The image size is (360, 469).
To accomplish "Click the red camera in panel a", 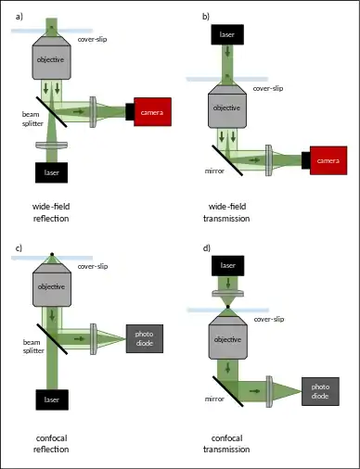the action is pyautogui.click(x=152, y=112).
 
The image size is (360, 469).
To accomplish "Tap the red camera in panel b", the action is pyautogui.click(x=328, y=160).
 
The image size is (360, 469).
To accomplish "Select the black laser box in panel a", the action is pyautogui.click(x=51, y=172).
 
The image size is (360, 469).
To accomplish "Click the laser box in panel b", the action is pyautogui.click(x=227, y=34).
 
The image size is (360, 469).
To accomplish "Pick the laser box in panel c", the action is pyautogui.click(x=52, y=399).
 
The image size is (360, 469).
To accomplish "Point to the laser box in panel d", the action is pyautogui.click(x=228, y=266).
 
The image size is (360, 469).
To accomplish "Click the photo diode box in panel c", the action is pyautogui.click(x=145, y=338).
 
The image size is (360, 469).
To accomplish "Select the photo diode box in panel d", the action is pyautogui.click(x=320, y=391).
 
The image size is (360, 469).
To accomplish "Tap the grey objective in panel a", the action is pyautogui.click(x=52, y=57).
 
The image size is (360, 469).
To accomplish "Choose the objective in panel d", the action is pyautogui.click(x=228, y=337).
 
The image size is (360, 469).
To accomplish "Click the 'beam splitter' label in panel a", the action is pyautogui.click(x=32, y=119).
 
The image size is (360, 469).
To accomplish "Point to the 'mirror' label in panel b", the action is pyautogui.click(x=214, y=171).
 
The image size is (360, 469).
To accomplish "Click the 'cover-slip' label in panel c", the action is pyautogui.click(x=93, y=266).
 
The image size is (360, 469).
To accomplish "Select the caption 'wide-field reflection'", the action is pyautogui.click(x=51, y=212).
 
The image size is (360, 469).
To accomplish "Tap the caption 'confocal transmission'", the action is pyautogui.click(x=226, y=444).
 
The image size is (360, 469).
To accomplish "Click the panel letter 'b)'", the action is pyautogui.click(x=206, y=17).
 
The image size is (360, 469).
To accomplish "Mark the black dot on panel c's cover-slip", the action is pyautogui.click(x=52, y=254).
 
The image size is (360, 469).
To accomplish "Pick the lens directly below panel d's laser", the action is pyautogui.click(x=228, y=293).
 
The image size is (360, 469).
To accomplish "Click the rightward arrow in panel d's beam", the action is pyautogui.click(x=254, y=391).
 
